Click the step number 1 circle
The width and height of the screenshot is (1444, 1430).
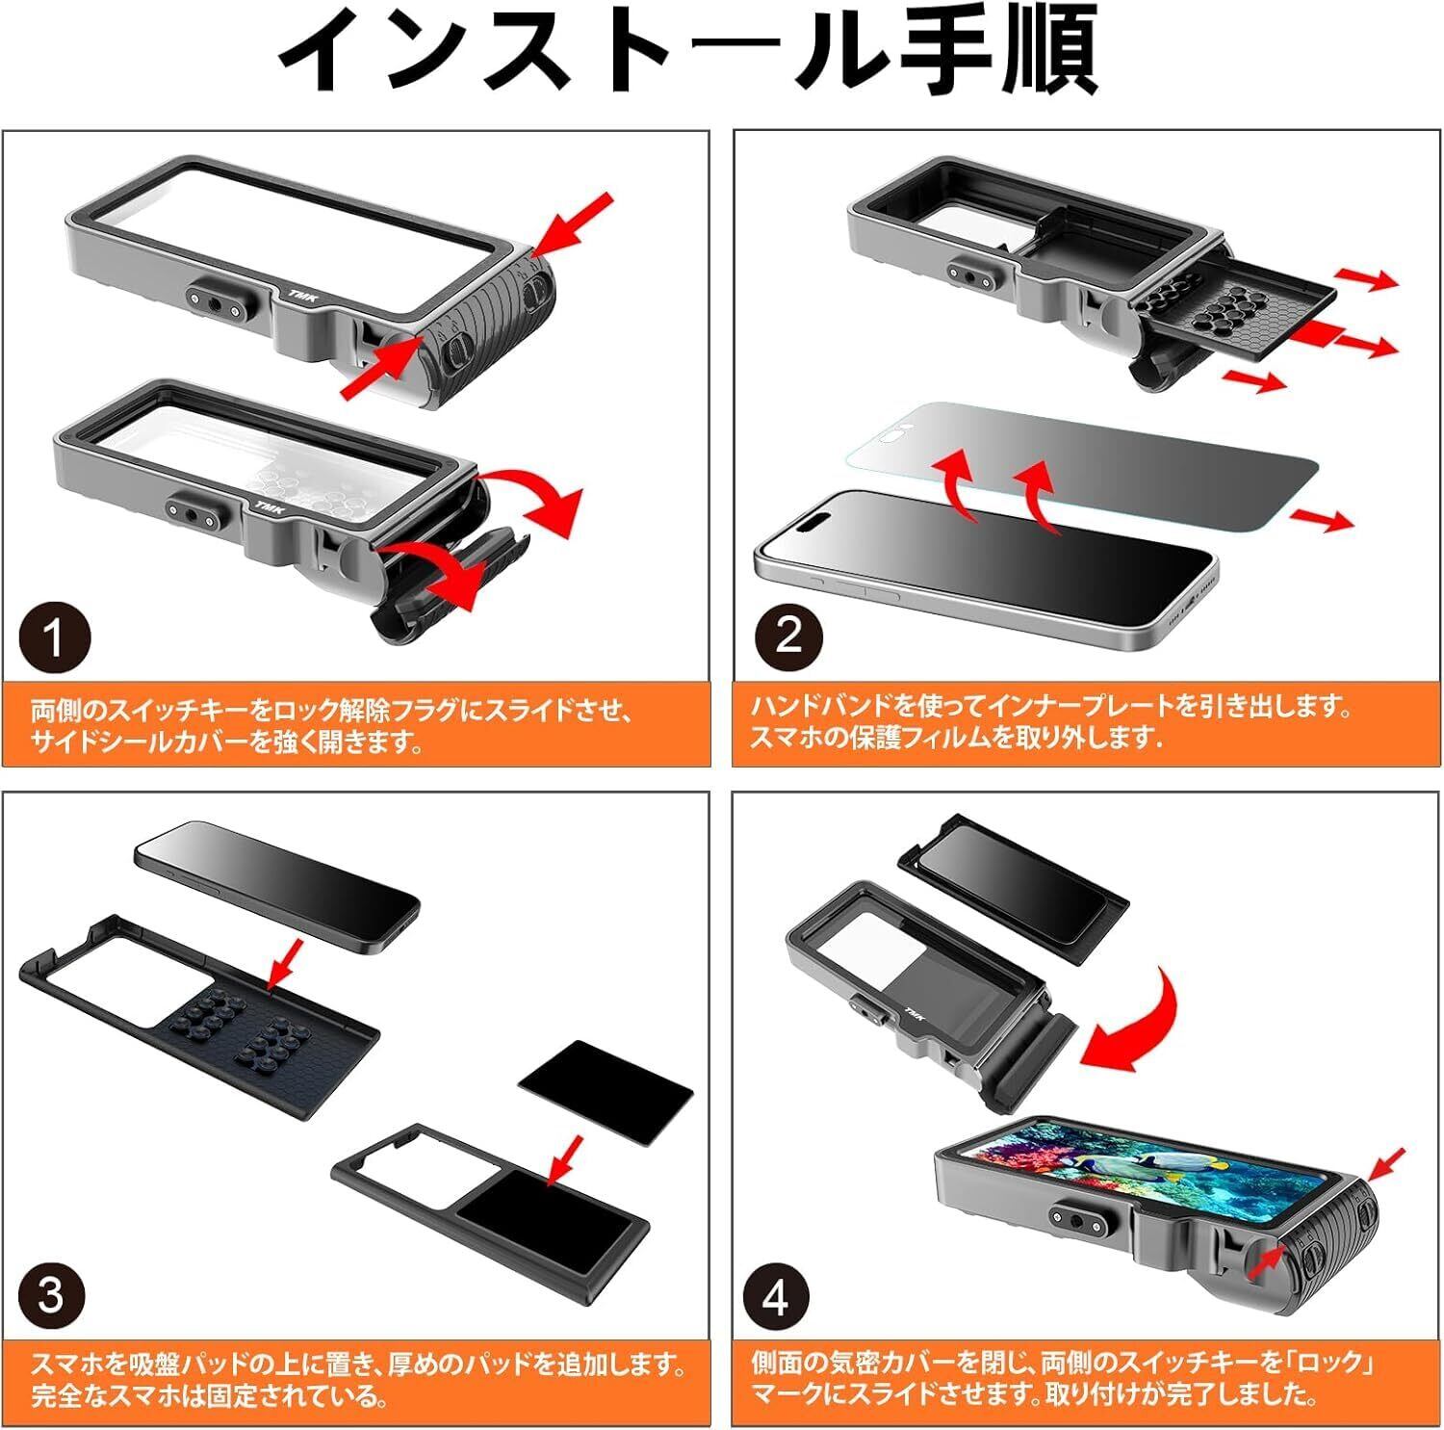coord(55,637)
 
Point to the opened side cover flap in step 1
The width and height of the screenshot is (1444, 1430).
coord(424,597)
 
